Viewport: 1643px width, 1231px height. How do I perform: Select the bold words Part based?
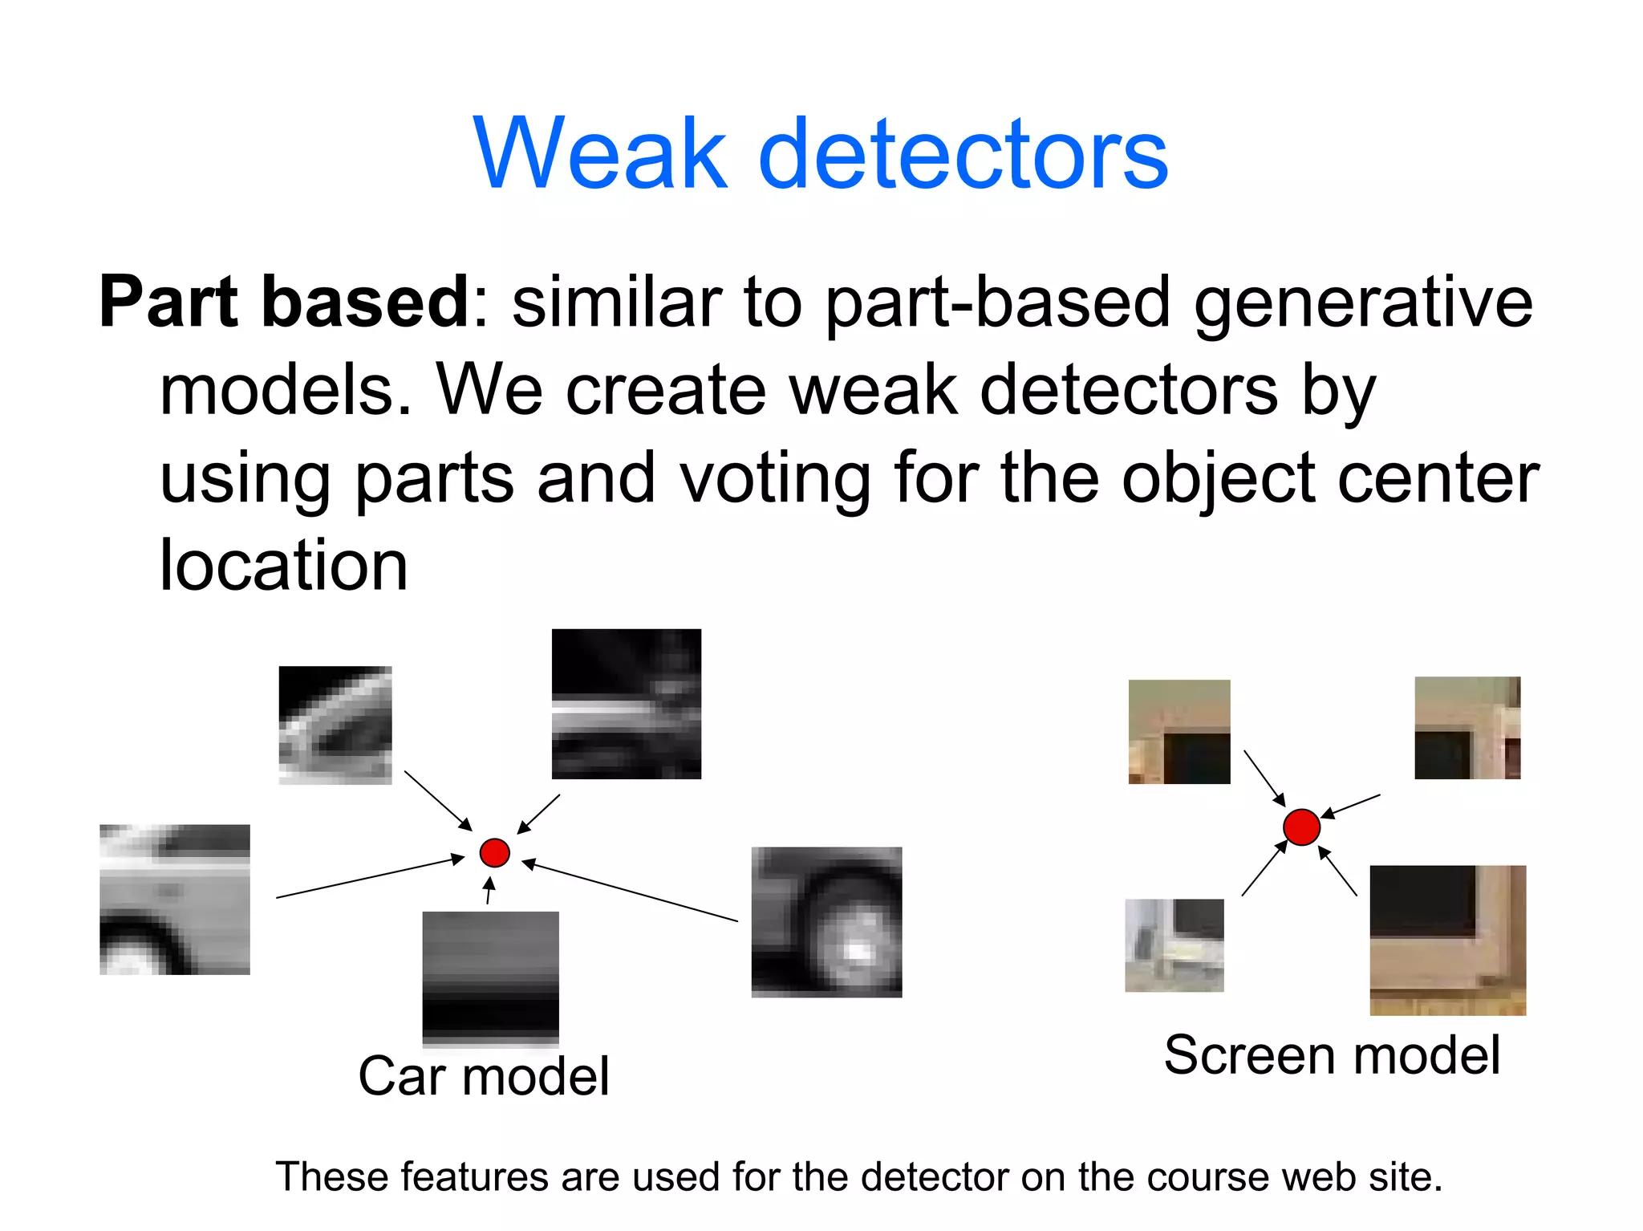point(284,302)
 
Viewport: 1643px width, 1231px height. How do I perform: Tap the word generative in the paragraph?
point(1363,303)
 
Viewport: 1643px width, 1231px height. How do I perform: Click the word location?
point(284,566)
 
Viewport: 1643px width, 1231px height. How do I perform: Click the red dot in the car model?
point(495,852)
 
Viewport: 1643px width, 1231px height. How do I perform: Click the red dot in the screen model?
point(1301,827)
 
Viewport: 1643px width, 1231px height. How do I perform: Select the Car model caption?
point(484,1076)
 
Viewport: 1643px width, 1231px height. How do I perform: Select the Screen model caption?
point(1332,1054)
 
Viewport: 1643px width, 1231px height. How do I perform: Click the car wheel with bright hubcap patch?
point(826,922)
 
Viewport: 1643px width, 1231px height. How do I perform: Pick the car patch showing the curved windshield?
point(335,725)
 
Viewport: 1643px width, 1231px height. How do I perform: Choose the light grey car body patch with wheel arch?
point(175,900)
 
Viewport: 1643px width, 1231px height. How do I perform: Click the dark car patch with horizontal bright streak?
point(627,704)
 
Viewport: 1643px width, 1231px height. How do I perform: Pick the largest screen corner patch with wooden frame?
point(1447,940)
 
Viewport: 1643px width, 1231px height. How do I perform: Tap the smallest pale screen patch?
point(1174,945)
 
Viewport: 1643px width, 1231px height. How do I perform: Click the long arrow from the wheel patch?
point(630,892)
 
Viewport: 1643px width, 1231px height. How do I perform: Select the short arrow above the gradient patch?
point(489,891)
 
